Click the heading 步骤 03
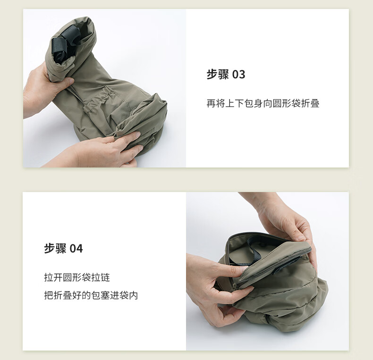point(226,74)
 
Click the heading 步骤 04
point(63,249)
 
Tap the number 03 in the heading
point(238,75)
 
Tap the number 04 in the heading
point(76,249)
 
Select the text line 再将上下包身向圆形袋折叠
point(263,103)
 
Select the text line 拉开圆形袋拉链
point(77,277)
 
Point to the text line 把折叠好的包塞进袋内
point(91,295)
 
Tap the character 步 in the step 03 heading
point(212,74)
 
